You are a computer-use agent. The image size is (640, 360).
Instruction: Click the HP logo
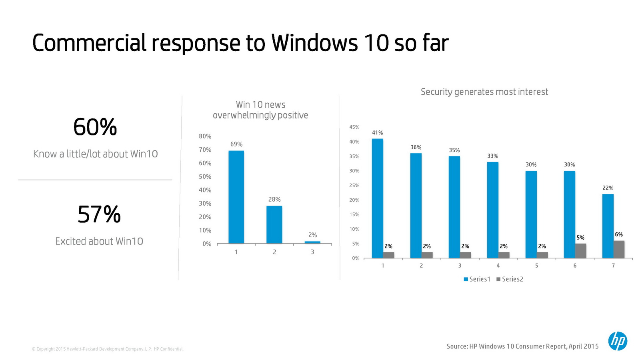[618, 341]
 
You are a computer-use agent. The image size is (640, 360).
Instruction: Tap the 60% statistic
[95, 127]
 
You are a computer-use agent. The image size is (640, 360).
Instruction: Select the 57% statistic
[99, 214]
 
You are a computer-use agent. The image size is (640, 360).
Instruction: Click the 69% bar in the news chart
[236, 197]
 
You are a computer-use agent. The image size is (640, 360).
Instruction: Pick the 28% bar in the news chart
[274, 224]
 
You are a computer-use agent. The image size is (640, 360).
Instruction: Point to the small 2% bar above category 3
[312, 242]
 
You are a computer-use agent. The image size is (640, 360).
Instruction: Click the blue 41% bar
[377, 198]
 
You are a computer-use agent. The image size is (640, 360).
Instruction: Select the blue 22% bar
[608, 226]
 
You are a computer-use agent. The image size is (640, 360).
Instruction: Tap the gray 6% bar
[619, 249]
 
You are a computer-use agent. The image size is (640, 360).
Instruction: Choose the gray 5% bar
[580, 251]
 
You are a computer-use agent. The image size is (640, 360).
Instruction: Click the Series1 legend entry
[477, 279]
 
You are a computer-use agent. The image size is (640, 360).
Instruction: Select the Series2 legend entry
[510, 279]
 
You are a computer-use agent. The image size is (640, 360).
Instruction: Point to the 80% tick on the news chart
[205, 136]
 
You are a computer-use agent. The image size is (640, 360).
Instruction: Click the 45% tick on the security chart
[354, 127]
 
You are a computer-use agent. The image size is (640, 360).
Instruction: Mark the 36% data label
[416, 147]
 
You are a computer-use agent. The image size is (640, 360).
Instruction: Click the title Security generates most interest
[484, 92]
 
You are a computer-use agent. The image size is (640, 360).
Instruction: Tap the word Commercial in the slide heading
[89, 43]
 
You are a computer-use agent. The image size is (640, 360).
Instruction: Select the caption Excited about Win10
[99, 241]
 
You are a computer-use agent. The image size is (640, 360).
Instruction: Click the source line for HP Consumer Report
[522, 346]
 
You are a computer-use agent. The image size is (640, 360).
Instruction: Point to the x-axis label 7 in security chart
[613, 266]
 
